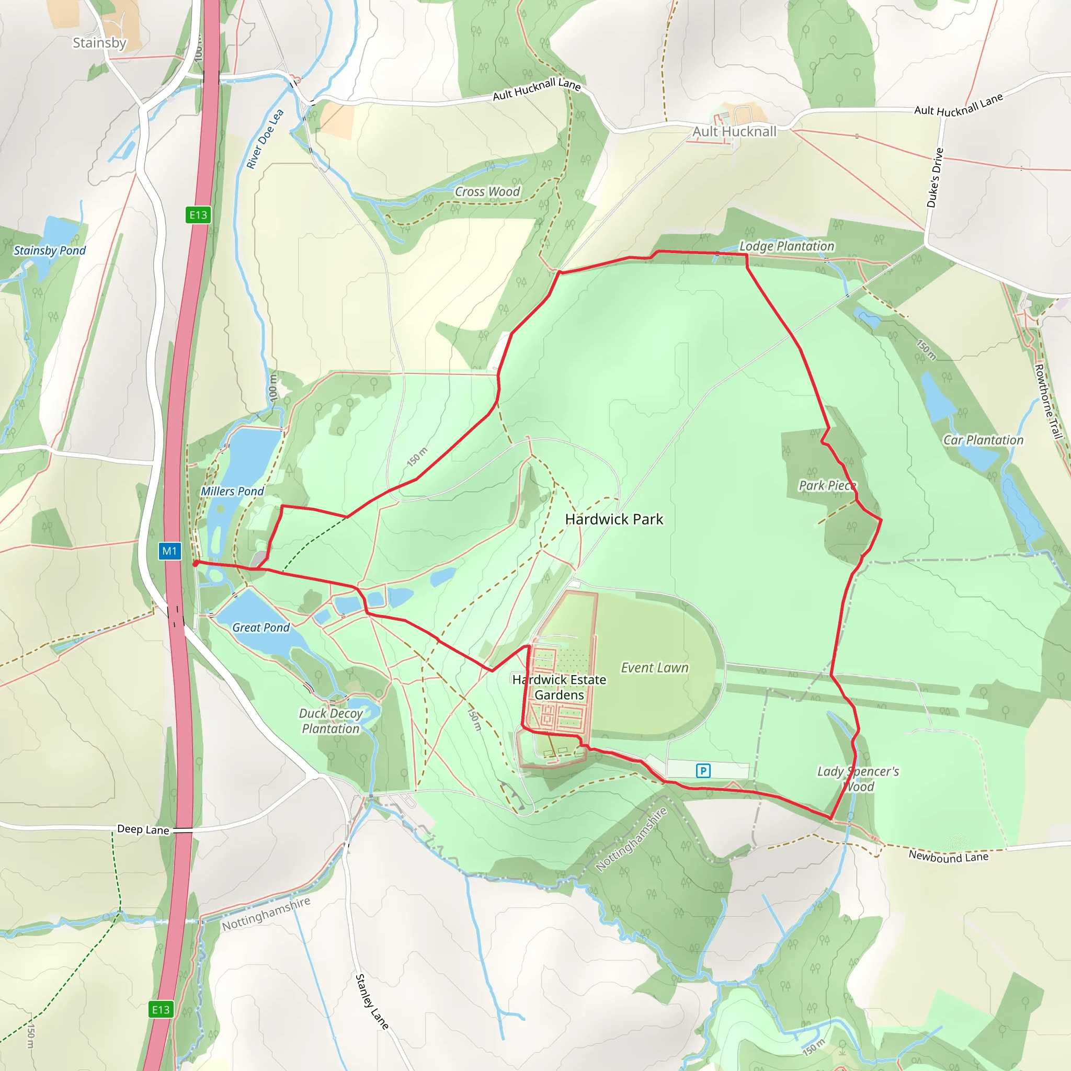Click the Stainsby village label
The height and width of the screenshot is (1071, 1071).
point(100,43)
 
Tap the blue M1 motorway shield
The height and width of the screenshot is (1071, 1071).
point(169,551)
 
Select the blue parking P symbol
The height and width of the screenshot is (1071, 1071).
point(703,770)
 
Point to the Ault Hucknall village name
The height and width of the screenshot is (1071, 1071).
point(735,131)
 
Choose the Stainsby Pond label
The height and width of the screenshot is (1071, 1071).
point(50,250)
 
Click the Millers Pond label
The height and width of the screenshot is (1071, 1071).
point(232,491)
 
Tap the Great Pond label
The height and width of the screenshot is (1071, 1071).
point(260,628)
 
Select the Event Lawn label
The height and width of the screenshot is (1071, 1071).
point(654,668)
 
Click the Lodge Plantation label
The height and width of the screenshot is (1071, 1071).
point(787,246)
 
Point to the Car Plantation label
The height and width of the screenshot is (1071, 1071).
point(984,440)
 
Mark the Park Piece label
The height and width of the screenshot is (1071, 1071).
point(827,486)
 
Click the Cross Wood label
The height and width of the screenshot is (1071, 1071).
point(487,192)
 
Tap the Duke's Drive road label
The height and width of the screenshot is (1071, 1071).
point(935,178)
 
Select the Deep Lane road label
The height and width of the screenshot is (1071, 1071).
point(143,829)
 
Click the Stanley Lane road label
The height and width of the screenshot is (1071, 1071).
point(371,1001)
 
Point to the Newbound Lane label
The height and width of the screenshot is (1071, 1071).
point(948,857)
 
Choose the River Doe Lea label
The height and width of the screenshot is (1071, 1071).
point(265,139)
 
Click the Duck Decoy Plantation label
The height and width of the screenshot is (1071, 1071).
point(331,721)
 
